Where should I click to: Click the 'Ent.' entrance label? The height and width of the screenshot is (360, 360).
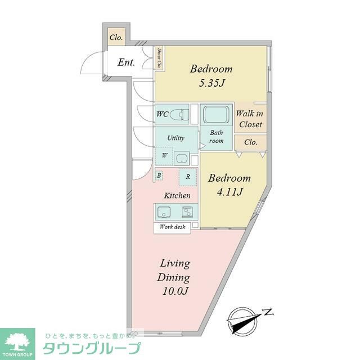tap(126, 62)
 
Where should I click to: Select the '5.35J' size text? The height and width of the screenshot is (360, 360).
tap(211, 84)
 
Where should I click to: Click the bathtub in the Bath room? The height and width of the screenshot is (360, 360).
tap(217, 115)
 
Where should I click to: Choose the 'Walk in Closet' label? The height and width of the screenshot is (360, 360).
tap(251, 119)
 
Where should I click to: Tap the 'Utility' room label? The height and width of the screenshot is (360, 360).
tap(175, 138)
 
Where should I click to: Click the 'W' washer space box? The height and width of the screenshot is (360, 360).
tap(164, 155)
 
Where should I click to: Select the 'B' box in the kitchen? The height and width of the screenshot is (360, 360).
tap(159, 175)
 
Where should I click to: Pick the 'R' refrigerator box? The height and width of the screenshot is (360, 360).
tap(188, 177)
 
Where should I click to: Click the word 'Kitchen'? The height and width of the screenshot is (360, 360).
tap(177, 196)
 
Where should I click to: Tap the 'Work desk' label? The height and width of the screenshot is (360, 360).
tap(172, 227)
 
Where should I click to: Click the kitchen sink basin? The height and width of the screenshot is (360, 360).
tap(165, 212)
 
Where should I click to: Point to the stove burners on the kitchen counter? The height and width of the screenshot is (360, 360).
tap(187, 212)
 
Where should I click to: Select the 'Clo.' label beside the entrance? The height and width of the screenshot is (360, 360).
tap(116, 38)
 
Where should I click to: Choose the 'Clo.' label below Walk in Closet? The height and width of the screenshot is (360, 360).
tap(251, 142)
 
